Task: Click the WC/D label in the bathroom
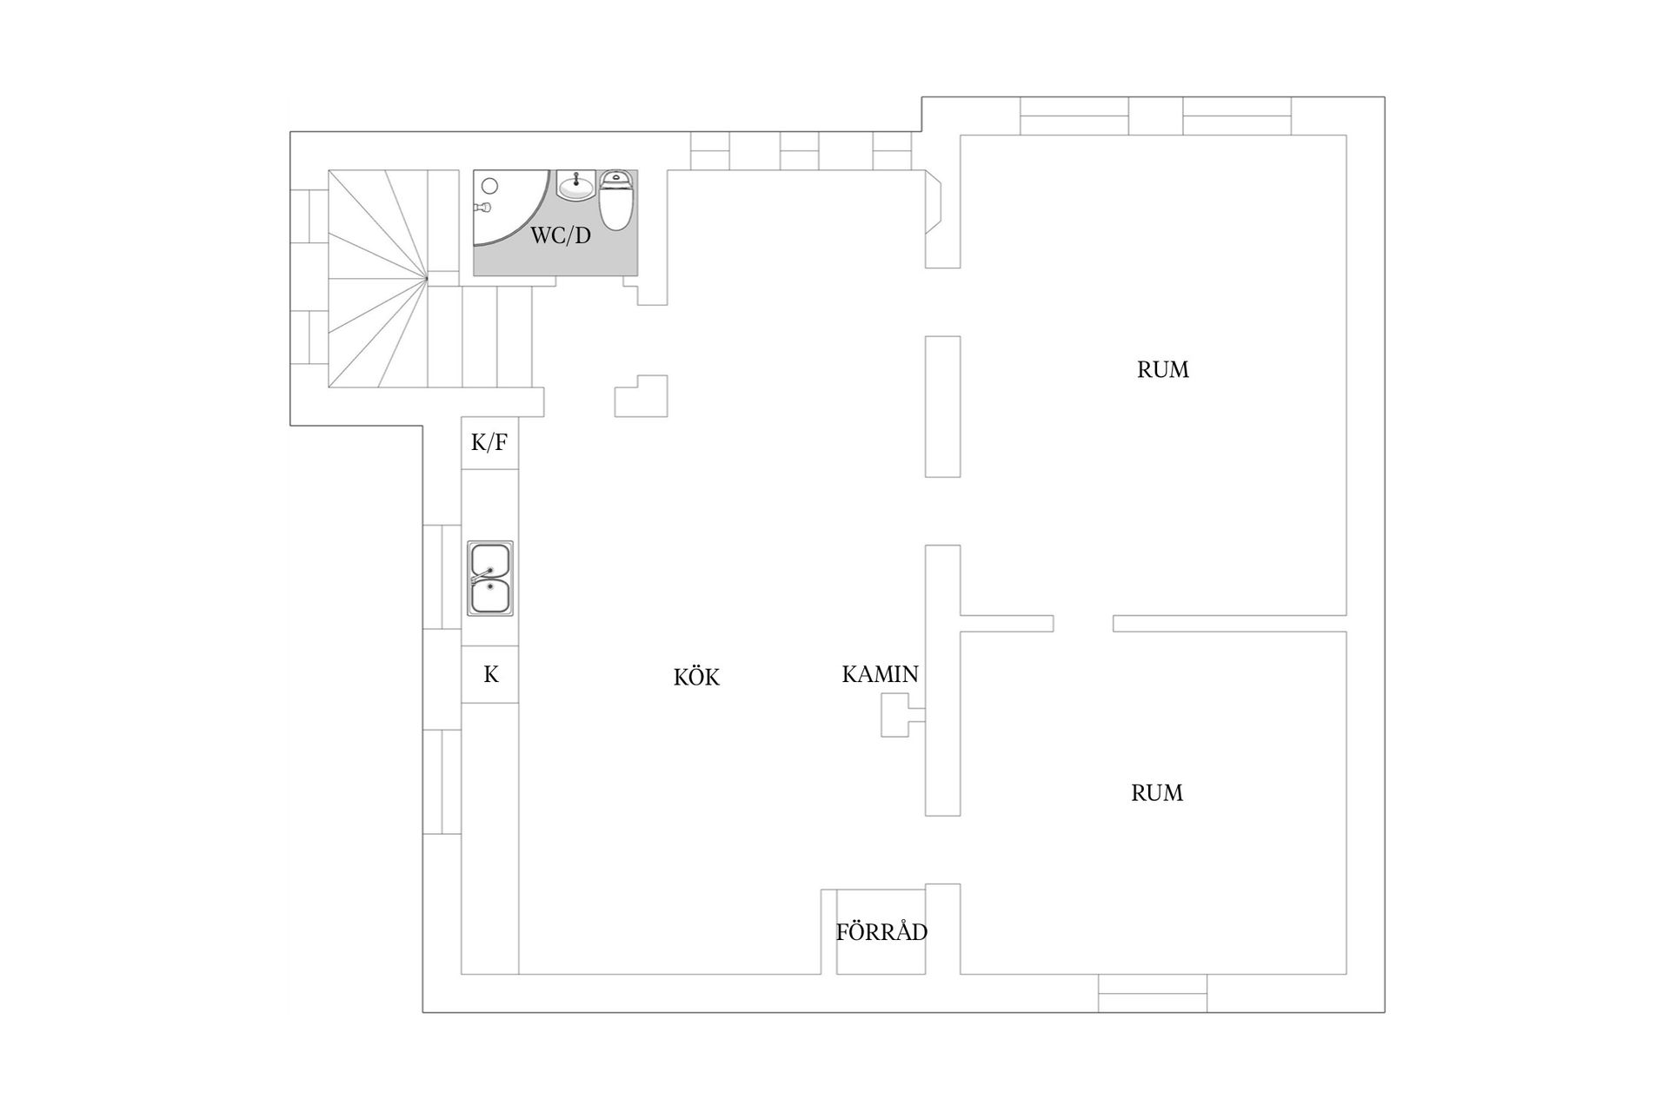tap(561, 235)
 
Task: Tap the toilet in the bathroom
tap(615, 201)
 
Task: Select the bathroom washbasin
tap(575, 185)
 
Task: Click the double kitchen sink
tap(490, 579)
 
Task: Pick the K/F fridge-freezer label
tap(489, 443)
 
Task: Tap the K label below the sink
tap(490, 674)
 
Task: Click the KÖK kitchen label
tap(696, 678)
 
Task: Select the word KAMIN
tap(880, 674)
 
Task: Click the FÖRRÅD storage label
tap(881, 932)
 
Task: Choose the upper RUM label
tap(1162, 370)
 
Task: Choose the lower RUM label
tap(1156, 793)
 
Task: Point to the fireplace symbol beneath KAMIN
tap(898, 716)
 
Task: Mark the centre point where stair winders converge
tap(427, 278)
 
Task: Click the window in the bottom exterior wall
tap(1152, 993)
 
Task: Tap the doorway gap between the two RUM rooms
tap(1083, 623)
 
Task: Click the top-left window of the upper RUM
tap(1074, 116)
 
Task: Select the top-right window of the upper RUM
tap(1236, 116)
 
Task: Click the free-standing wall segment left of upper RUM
tap(942, 407)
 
